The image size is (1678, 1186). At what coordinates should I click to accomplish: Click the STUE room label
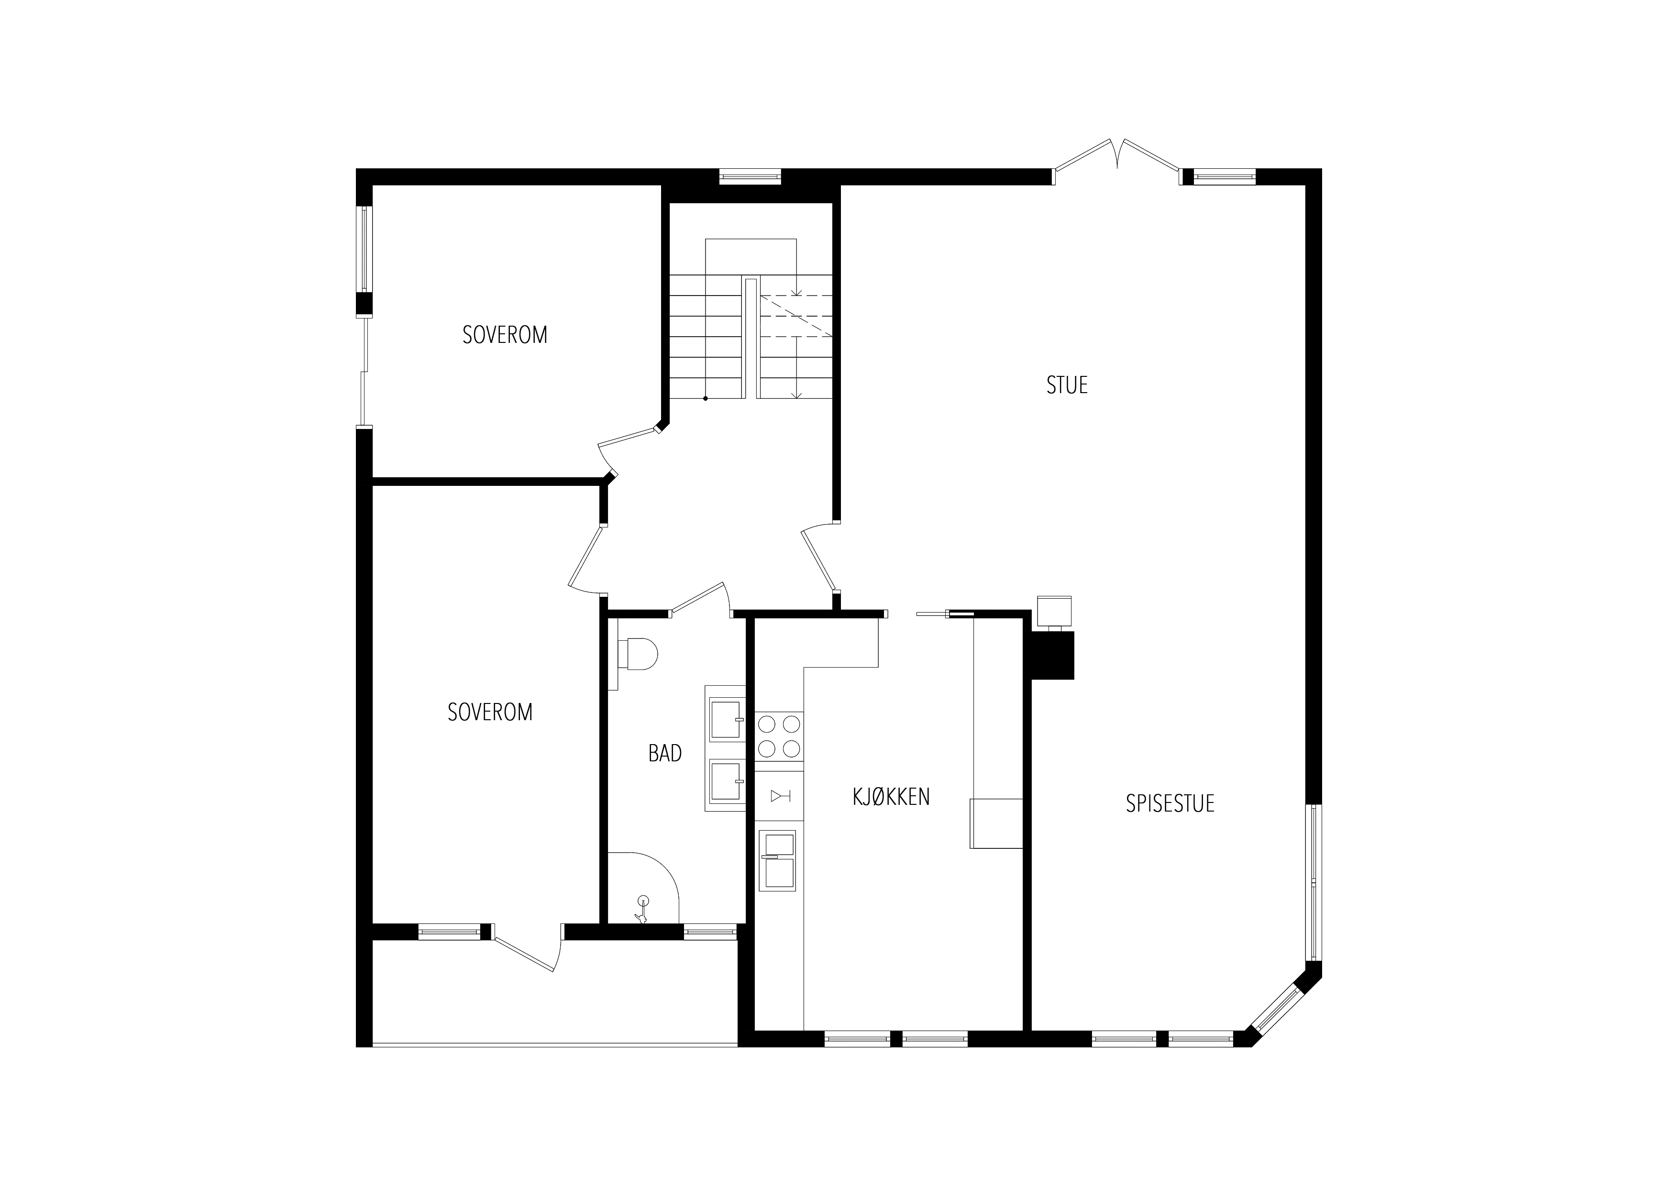pos(1067,385)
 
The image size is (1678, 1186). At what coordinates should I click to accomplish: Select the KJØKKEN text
pos(891,797)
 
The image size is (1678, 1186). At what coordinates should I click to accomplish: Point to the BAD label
pos(665,753)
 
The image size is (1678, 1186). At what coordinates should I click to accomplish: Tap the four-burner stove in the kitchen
pos(779,736)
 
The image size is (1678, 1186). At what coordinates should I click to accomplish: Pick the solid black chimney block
pos(1052,656)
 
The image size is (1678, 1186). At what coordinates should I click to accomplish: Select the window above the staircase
pos(751,176)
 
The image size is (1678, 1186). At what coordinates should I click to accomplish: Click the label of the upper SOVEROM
pos(505,335)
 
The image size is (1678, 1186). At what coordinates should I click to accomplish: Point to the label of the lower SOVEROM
pos(490,712)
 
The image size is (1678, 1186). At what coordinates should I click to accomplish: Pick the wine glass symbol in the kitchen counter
pos(780,796)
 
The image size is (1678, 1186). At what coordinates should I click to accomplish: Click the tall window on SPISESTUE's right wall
pos(1314,883)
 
